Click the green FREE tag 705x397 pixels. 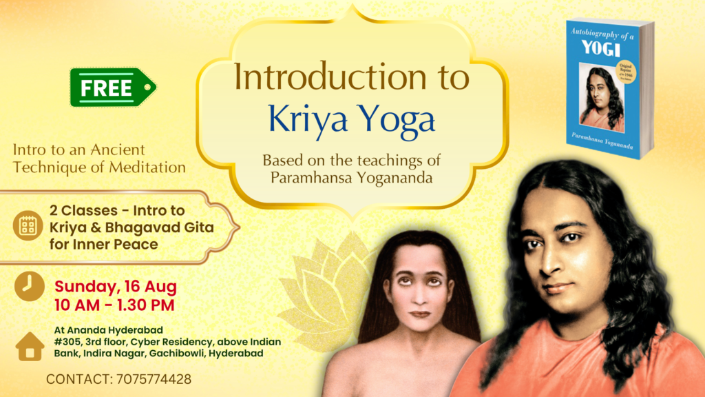113,88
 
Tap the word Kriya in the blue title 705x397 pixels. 308,119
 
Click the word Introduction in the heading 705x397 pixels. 330,77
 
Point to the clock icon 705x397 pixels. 29,286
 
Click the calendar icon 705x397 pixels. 28,225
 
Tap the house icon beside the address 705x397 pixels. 30,346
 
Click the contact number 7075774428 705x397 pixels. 154,379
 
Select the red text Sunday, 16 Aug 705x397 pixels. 116,286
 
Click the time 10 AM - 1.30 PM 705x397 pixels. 114,305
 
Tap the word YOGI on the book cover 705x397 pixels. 601,48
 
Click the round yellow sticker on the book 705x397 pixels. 625,71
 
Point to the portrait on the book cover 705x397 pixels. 602,98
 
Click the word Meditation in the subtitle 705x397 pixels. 147,167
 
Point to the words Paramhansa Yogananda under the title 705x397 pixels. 351,178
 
